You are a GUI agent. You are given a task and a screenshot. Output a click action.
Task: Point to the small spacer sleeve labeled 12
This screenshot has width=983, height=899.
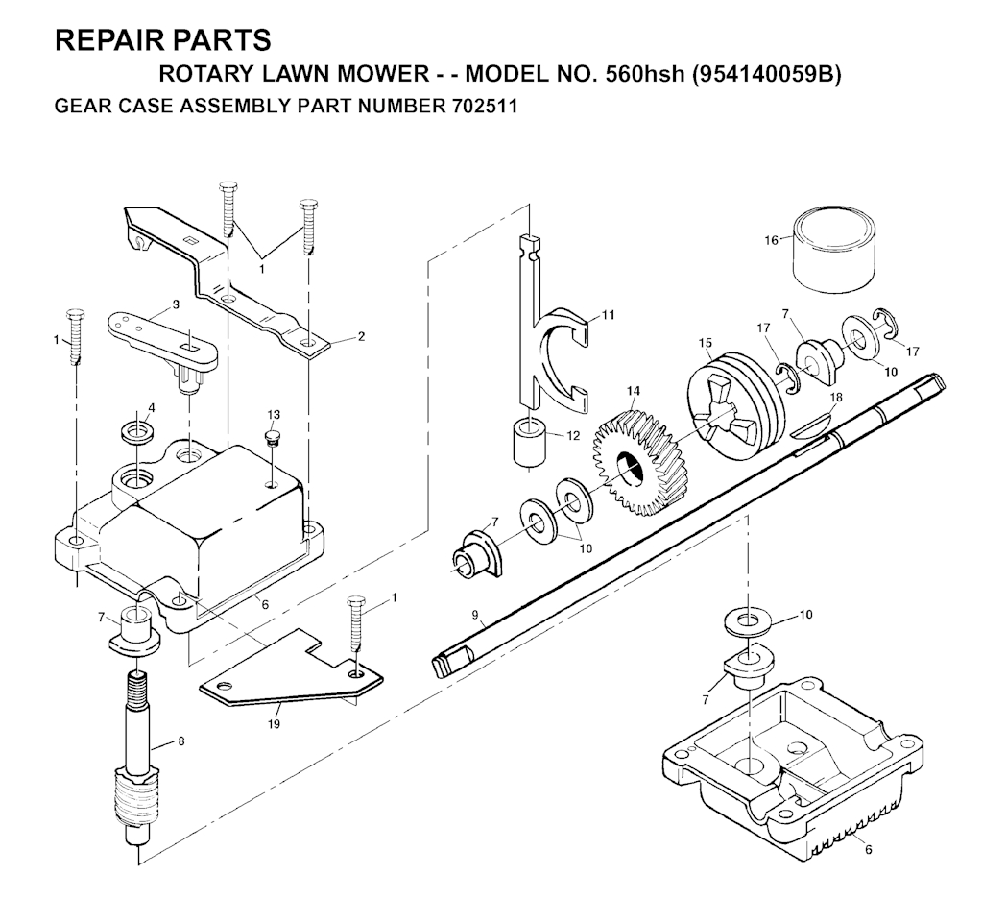click(530, 444)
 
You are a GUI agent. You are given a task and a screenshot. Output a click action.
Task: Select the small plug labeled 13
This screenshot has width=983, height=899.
click(272, 437)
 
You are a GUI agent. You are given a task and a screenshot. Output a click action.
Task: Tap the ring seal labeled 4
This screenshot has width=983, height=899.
click(138, 433)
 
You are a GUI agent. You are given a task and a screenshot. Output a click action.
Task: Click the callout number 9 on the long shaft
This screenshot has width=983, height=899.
click(475, 615)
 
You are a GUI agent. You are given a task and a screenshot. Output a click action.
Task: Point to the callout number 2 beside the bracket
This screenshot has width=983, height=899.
click(361, 336)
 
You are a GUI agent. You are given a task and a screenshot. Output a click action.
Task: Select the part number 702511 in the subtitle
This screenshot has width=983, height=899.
click(484, 106)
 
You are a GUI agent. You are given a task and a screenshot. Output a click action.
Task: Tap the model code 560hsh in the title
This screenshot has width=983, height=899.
click(644, 74)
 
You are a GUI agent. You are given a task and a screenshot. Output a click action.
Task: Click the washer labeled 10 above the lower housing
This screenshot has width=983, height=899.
click(746, 622)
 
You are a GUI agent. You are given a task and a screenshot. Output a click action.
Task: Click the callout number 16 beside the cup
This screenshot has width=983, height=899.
click(771, 240)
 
